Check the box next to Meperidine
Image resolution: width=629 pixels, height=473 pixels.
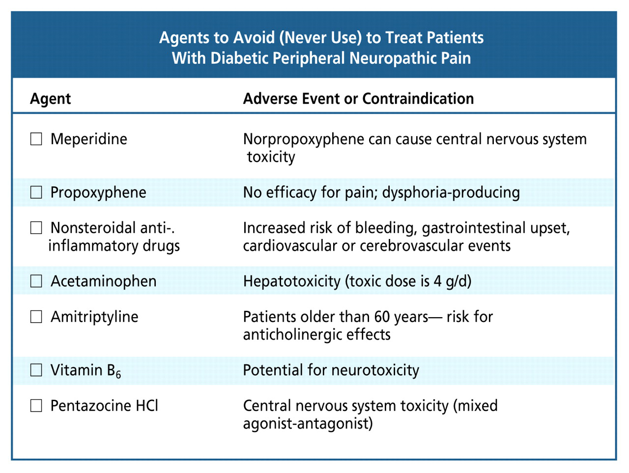[36, 139]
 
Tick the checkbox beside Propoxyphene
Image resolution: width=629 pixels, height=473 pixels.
[36, 192]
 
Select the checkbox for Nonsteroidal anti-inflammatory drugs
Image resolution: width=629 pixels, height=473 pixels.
[36, 228]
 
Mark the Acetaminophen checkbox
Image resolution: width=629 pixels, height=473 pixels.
[36, 281]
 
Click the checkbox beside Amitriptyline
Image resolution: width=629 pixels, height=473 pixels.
[36, 317]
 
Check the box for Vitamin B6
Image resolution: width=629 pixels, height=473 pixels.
[36, 370]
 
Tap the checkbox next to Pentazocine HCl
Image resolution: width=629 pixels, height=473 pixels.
[36, 406]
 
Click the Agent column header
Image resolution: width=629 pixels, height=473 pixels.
[51, 99]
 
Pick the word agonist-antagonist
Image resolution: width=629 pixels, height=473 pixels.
[308, 423]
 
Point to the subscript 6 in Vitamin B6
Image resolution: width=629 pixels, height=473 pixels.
[118, 375]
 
